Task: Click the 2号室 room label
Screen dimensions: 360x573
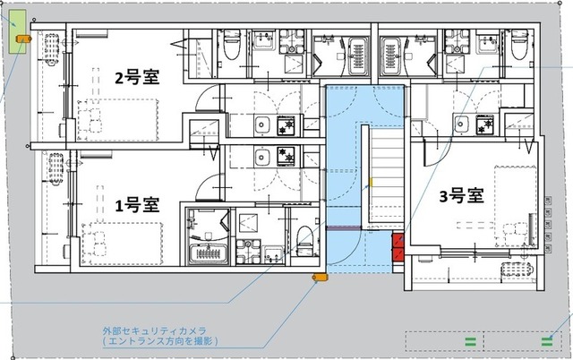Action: (137, 77)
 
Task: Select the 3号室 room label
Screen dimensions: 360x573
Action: (461, 196)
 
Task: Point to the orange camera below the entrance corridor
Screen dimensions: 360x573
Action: (317, 279)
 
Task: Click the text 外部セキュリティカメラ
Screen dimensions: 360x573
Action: (155, 330)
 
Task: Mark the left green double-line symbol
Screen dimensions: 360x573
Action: (468, 340)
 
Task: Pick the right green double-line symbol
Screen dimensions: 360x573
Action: (546, 340)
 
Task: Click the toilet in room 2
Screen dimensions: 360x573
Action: (230, 47)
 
